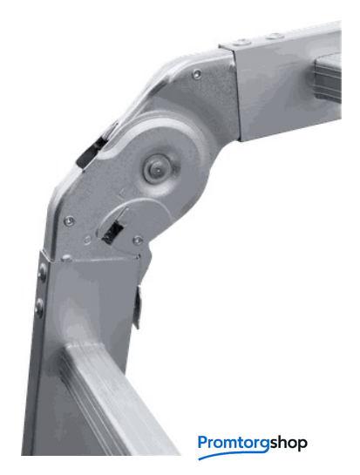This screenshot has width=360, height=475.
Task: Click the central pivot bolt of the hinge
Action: coord(158,168)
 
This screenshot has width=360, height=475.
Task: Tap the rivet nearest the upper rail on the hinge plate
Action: coord(197,73)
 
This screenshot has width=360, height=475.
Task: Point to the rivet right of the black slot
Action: coord(138,241)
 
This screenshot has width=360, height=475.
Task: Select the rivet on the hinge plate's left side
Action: coord(70,221)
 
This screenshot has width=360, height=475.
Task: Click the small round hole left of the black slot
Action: coord(87,241)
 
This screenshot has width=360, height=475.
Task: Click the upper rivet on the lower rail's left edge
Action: coord(43,271)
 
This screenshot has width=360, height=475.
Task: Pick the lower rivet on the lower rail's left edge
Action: coord(40,306)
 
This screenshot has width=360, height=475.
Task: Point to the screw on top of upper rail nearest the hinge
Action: coord(241,42)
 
